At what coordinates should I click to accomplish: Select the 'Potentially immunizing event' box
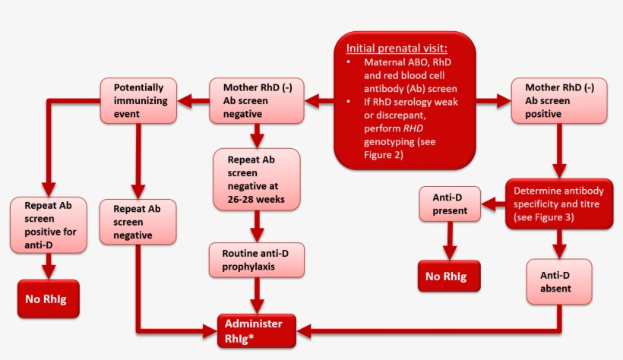click(139, 100)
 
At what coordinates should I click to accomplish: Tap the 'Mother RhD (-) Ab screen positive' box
click(559, 100)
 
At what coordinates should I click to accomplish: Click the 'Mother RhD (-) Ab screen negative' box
click(257, 100)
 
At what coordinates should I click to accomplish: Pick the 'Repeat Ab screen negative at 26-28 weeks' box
click(257, 178)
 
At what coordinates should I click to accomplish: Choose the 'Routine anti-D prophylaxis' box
click(258, 261)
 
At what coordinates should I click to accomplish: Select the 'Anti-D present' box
click(450, 204)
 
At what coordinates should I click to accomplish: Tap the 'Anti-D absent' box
click(559, 282)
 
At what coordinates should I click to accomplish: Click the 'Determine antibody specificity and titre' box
click(559, 204)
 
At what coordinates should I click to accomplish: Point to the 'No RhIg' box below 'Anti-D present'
click(449, 276)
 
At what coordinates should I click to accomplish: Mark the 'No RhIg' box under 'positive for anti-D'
click(48, 298)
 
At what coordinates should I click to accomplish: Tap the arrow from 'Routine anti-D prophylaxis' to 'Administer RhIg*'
click(258, 295)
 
